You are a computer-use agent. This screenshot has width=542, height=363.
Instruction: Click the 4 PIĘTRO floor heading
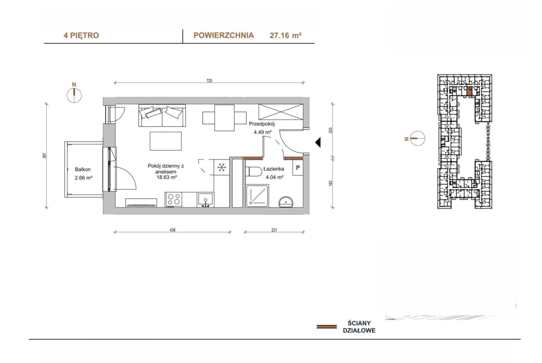(81, 35)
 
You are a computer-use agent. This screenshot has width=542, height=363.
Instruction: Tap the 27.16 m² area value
(285, 35)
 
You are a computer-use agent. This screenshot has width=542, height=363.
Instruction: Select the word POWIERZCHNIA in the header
(224, 35)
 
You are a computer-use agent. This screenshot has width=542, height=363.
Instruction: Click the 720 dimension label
(209, 81)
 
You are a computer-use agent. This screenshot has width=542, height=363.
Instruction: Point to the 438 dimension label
(172, 230)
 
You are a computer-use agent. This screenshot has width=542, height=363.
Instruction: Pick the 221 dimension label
(274, 230)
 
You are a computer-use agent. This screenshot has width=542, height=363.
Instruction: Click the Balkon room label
(83, 169)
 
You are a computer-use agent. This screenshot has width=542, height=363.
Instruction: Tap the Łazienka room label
(274, 169)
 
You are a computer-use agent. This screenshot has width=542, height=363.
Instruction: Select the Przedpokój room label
(262, 124)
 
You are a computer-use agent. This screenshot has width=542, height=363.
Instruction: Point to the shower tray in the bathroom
(257, 196)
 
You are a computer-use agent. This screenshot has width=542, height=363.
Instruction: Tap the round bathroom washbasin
(286, 202)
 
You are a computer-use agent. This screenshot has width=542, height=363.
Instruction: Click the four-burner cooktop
(174, 199)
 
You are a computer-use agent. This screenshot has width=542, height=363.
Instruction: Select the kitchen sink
(205, 200)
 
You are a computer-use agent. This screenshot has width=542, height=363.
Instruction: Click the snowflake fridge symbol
(221, 168)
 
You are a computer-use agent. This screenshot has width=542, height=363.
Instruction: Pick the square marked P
(297, 168)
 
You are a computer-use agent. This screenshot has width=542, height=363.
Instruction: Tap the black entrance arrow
(318, 142)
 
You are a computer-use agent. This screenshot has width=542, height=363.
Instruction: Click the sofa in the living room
(162, 116)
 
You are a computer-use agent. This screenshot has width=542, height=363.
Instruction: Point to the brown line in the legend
(327, 326)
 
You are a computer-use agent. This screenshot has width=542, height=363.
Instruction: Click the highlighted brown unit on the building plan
(469, 91)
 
